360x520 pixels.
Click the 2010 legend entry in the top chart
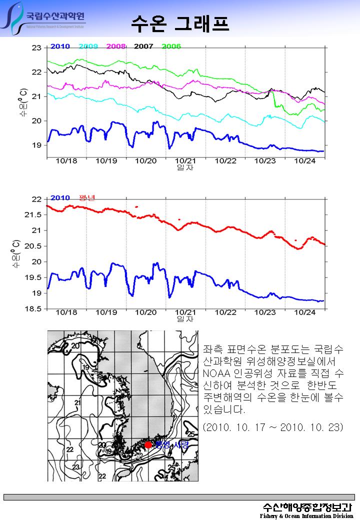tap(60, 46)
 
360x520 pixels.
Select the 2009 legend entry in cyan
tap(88, 46)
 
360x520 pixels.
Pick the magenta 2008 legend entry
tap(116, 46)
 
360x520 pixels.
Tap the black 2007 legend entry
tap(143, 46)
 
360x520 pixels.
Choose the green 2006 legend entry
tap(171, 46)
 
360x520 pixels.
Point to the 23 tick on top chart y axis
tap(36, 48)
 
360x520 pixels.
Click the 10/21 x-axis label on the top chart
tap(185, 161)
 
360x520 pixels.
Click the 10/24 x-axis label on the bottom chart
tap(305, 312)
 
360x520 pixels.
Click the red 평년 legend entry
tap(87, 197)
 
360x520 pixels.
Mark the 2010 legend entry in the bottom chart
tap(60, 197)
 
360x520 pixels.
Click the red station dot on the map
tap(148, 444)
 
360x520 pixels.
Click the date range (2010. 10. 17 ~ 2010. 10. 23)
tap(273, 427)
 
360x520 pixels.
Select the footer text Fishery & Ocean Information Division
tap(306, 515)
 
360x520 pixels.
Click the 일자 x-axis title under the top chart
tap(185, 167)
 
